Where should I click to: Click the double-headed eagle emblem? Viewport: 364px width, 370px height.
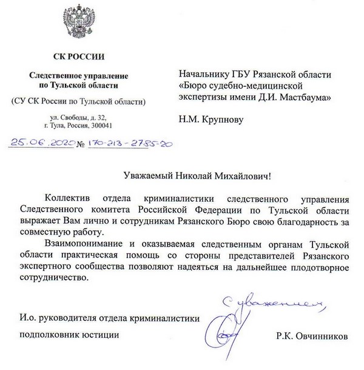click(x=79, y=25)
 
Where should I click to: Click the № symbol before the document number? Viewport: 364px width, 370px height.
click(x=78, y=145)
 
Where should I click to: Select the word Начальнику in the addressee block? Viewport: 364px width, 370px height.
click(x=201, y=75)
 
